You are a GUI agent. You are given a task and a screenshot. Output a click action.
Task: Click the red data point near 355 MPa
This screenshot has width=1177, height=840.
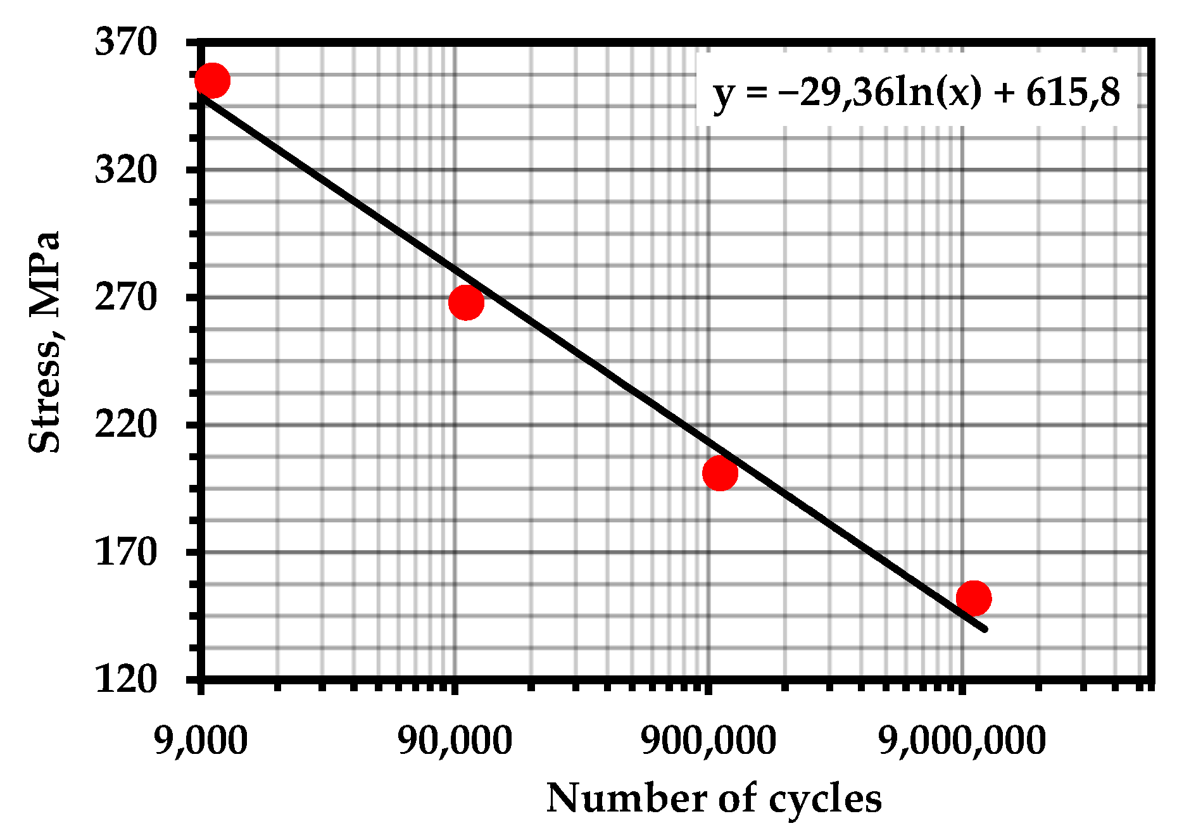[212, 80]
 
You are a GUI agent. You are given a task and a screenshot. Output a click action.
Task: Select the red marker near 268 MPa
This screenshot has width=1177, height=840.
[466, 302]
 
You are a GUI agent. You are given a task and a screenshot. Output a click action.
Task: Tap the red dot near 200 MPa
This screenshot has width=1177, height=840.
[720, 473]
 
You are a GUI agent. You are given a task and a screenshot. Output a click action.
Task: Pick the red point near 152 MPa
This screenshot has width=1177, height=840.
[974, 598]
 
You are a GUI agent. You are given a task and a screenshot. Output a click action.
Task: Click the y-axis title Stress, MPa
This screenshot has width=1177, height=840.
[46, 342]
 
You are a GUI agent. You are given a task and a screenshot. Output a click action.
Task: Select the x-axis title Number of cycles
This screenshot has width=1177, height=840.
[714, 798]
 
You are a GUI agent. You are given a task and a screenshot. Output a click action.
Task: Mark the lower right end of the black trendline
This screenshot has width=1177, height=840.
[985, 629]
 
